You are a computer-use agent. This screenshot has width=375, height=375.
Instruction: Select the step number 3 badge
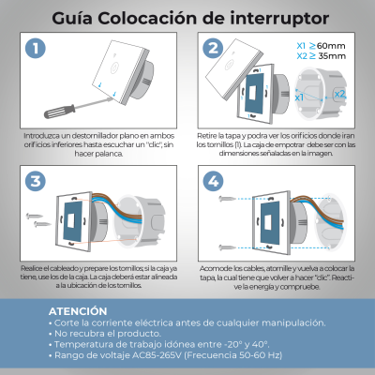pyautogui.click(x=36, y=181)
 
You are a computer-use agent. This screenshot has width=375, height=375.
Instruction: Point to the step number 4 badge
pyautogui.click(x=214, y=181)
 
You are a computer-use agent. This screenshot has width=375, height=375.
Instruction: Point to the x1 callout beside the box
pyautogui.click(x=298, y=97)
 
